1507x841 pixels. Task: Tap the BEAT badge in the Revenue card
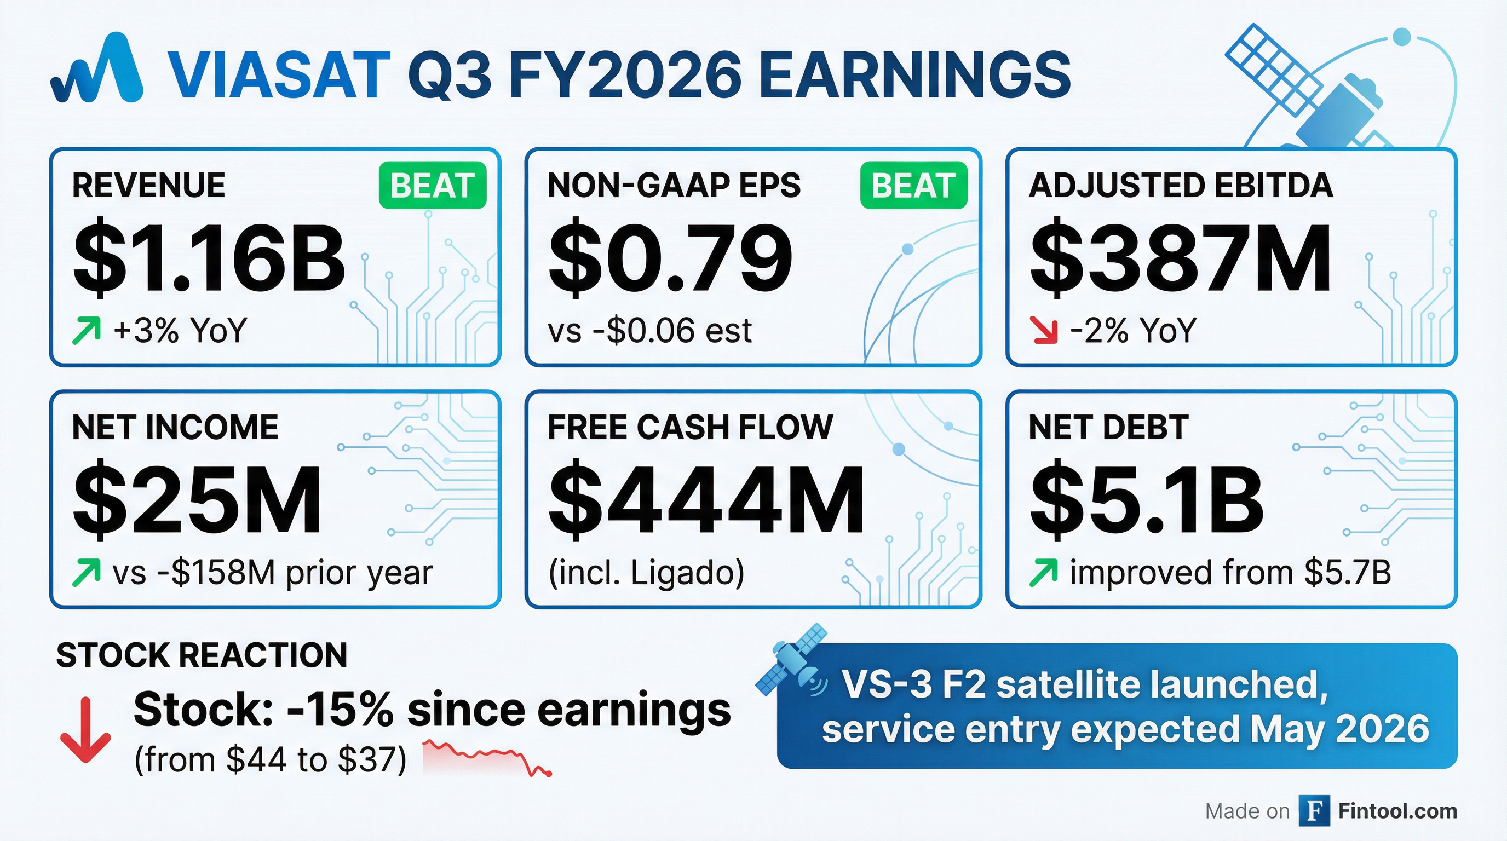[432, 186]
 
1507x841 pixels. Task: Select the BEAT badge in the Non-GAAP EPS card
[913, 186]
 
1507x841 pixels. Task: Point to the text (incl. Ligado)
[646, 573]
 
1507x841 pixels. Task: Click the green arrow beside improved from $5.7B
[1044, 573]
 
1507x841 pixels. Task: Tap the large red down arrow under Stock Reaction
[85, 730]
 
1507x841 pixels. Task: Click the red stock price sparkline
[487, 757]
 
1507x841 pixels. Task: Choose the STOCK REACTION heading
[202, 654]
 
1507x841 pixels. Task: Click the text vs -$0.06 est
[649, 331]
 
